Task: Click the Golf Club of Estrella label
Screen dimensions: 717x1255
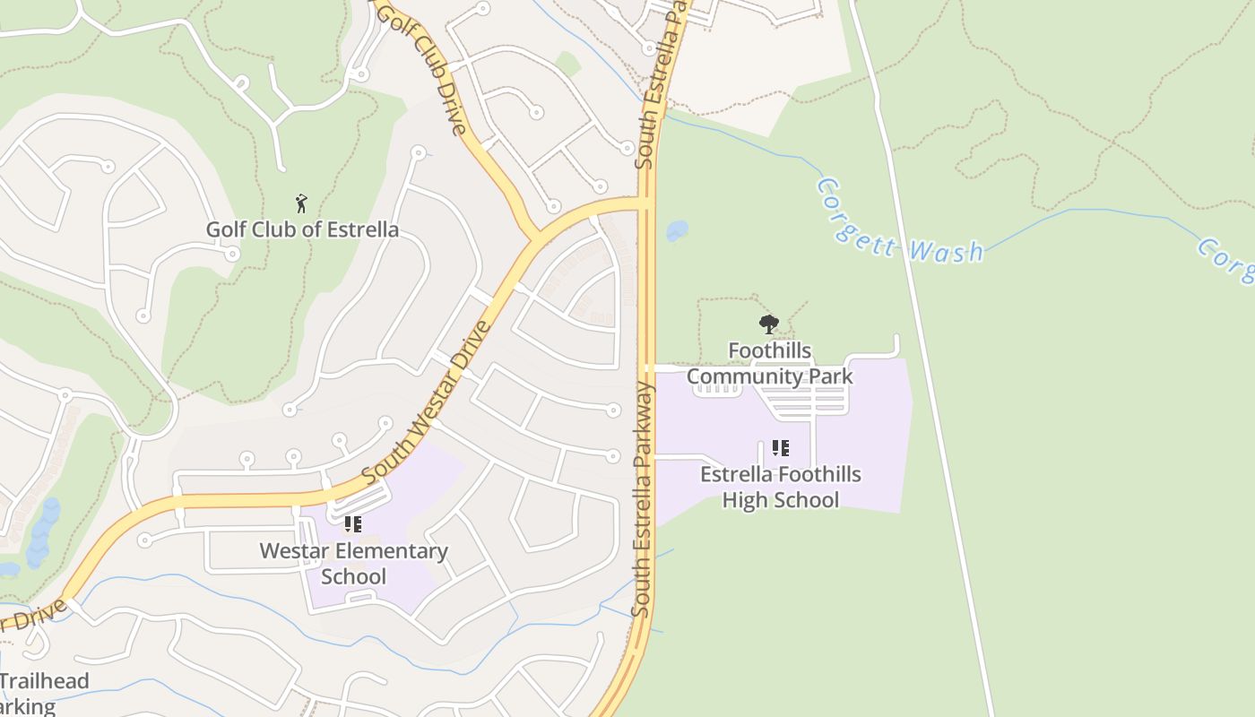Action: click(302, 229)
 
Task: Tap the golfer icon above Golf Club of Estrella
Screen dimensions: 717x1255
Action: click(301, 203)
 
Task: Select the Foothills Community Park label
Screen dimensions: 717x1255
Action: click(770, 363)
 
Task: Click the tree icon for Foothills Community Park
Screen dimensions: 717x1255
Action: click(768, 324)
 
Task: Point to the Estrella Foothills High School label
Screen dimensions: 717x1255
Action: click(781, 487)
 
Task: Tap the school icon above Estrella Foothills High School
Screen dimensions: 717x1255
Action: click(780, 447)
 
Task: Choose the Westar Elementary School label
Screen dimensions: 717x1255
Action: click(353, 564)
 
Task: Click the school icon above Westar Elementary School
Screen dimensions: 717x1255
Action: click(352, 523)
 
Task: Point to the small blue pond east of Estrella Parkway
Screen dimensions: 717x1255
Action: click(677, 231)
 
